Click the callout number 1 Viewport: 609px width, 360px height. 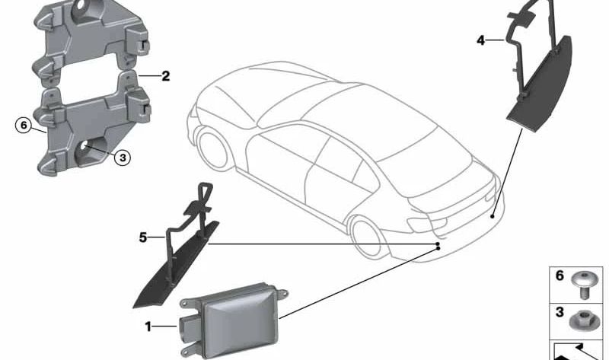tap(148, 327)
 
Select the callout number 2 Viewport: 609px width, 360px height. tap(165, 76)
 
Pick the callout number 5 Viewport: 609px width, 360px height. tap(142, 237)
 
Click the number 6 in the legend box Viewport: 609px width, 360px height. tap(560, 276)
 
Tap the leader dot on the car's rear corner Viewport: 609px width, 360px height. tap(493, 216)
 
